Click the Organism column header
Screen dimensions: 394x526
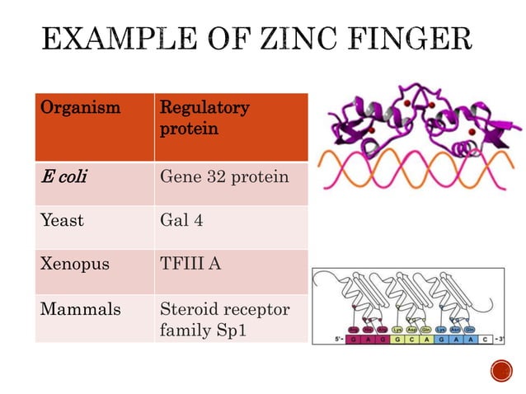point(81,108)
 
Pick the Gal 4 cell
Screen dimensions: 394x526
point(180,220)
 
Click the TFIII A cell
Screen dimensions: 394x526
point(190,265)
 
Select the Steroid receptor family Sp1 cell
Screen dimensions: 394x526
point(223,319)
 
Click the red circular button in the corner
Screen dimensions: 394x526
point(501,373)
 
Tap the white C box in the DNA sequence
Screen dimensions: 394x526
point(485,340)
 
